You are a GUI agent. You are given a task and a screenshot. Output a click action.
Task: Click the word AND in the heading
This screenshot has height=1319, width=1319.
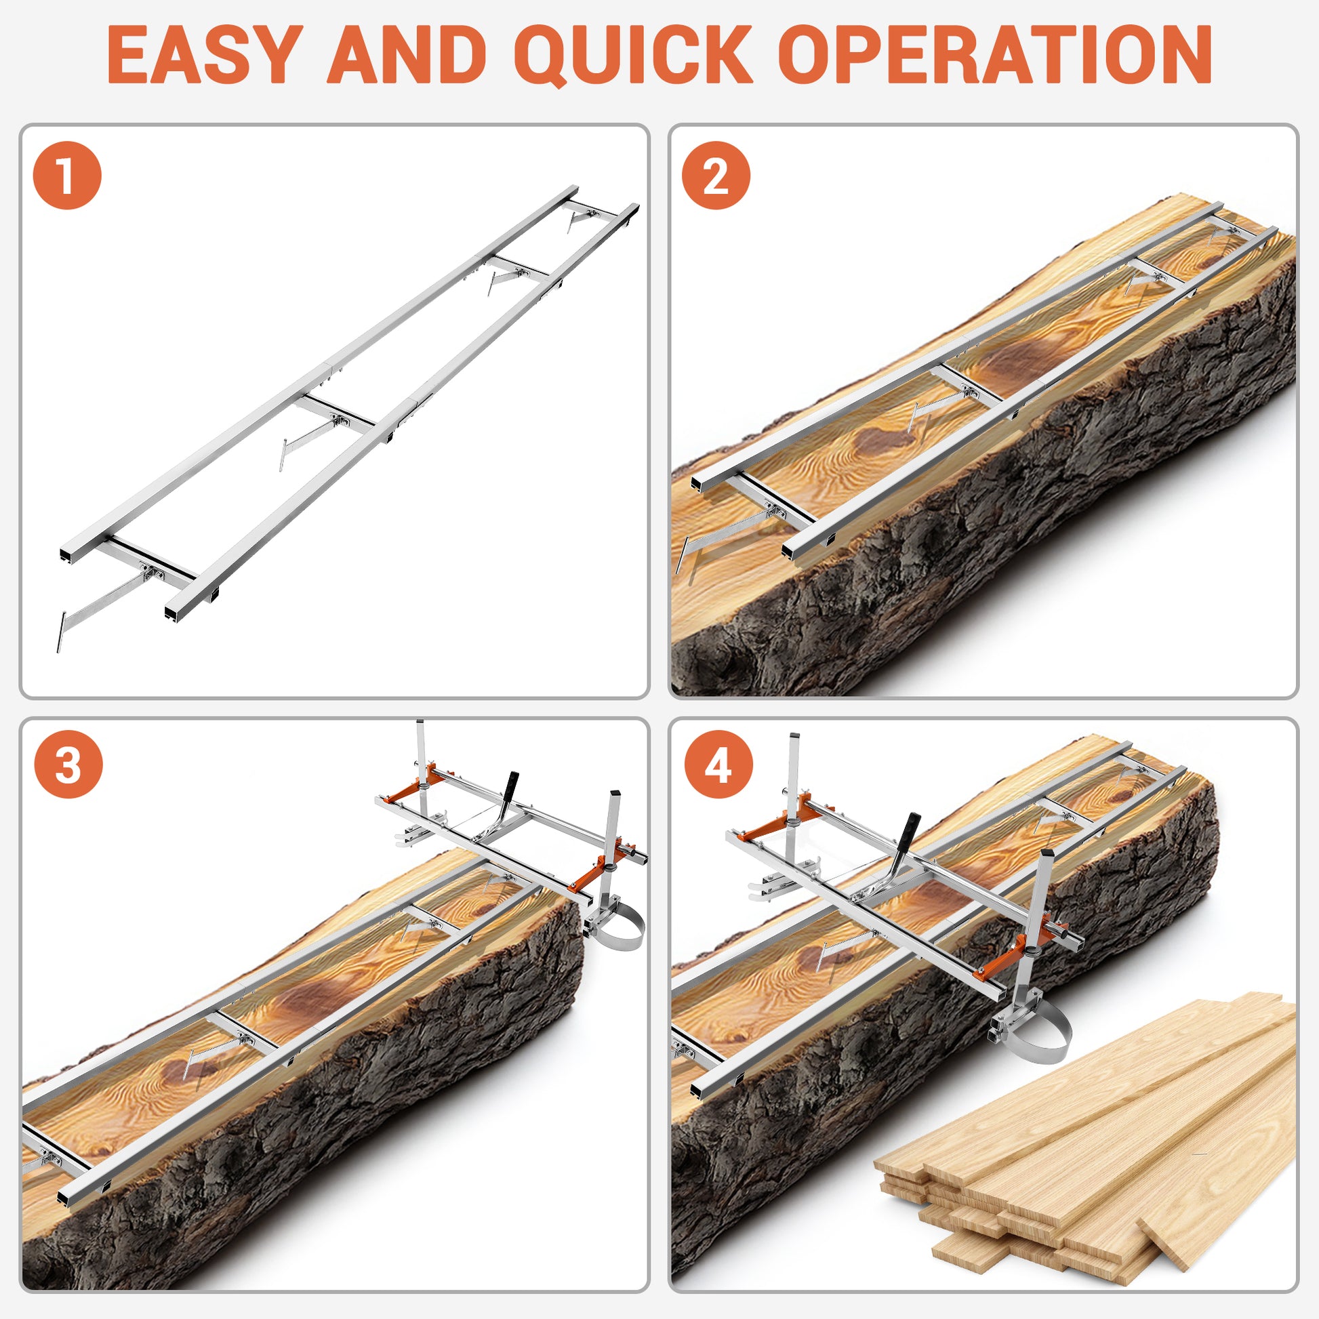click(x=407, y=54)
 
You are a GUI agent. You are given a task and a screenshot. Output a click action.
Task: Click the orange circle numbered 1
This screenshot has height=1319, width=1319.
click(x=67, y=176)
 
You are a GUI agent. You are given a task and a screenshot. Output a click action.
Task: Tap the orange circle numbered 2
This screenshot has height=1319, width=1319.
click(x=716, y=176)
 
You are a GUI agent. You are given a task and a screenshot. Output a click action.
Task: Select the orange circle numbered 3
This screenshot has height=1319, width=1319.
click(x=68, y=765)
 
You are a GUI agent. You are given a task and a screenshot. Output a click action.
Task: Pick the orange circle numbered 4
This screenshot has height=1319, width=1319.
click(x=718, y=765)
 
